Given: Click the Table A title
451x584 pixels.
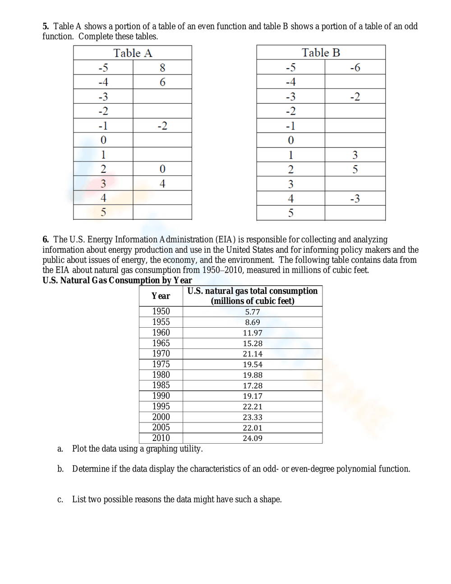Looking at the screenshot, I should (133, 53).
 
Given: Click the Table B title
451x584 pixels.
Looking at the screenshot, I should (321, 53).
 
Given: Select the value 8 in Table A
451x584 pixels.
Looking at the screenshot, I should (162, 68).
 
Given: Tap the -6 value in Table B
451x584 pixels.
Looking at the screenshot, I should (355, 68).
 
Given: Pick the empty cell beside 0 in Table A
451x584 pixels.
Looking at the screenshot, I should (162, 140).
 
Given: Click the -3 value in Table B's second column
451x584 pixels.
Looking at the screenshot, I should (355, 199).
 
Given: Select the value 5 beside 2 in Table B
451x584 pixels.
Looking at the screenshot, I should (355, 170).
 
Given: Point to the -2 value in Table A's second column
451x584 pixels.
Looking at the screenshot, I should (162, 125).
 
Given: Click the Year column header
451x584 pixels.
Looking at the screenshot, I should (161, 296).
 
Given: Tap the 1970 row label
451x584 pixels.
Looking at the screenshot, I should (161, 354).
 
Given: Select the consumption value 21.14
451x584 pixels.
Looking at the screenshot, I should (253, 354).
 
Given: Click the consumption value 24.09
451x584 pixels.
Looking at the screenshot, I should (253, 438).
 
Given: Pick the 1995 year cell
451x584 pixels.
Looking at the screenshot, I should (161, 406).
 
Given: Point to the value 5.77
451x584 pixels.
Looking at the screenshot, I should (253, 312).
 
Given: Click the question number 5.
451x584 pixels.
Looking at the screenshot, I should (46, 27).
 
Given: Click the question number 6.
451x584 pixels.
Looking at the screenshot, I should (46, 240).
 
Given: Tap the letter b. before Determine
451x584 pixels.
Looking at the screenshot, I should (60, 469).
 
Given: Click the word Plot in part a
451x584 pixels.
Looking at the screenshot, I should (79, 449).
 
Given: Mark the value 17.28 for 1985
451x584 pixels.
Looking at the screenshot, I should (253, 386).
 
